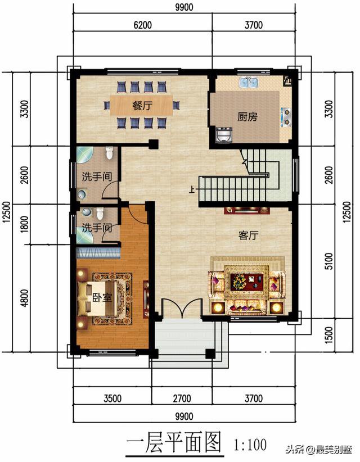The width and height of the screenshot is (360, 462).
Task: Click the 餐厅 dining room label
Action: (142, 106)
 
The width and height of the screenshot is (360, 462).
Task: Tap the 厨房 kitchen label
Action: (247, 117)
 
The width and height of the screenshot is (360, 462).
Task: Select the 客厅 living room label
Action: (248, 235)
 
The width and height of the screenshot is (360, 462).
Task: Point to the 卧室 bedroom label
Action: (102, 297)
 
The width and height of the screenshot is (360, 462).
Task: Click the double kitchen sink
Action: (249, 83)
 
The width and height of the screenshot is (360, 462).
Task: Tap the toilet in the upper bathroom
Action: (109, 153)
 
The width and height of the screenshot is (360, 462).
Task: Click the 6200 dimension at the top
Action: (143, 25)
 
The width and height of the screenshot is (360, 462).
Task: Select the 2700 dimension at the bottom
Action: (182, 398)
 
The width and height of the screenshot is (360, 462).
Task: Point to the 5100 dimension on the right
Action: (328, 261)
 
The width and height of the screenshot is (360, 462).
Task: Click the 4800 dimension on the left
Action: (25, 298)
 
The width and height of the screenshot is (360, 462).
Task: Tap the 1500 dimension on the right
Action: (328, 335)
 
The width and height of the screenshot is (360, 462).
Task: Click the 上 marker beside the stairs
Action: (192, 189)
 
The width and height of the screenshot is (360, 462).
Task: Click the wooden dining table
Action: (142, 105)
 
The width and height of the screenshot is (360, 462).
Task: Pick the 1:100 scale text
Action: (250, 445)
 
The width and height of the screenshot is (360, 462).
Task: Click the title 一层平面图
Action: (174, 443)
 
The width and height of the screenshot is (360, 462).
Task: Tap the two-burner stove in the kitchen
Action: (286, 116)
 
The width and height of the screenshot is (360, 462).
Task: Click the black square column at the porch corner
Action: (210, 354)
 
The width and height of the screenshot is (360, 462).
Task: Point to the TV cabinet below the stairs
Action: (247, 210)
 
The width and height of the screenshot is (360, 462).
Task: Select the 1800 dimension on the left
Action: (25, 224)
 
